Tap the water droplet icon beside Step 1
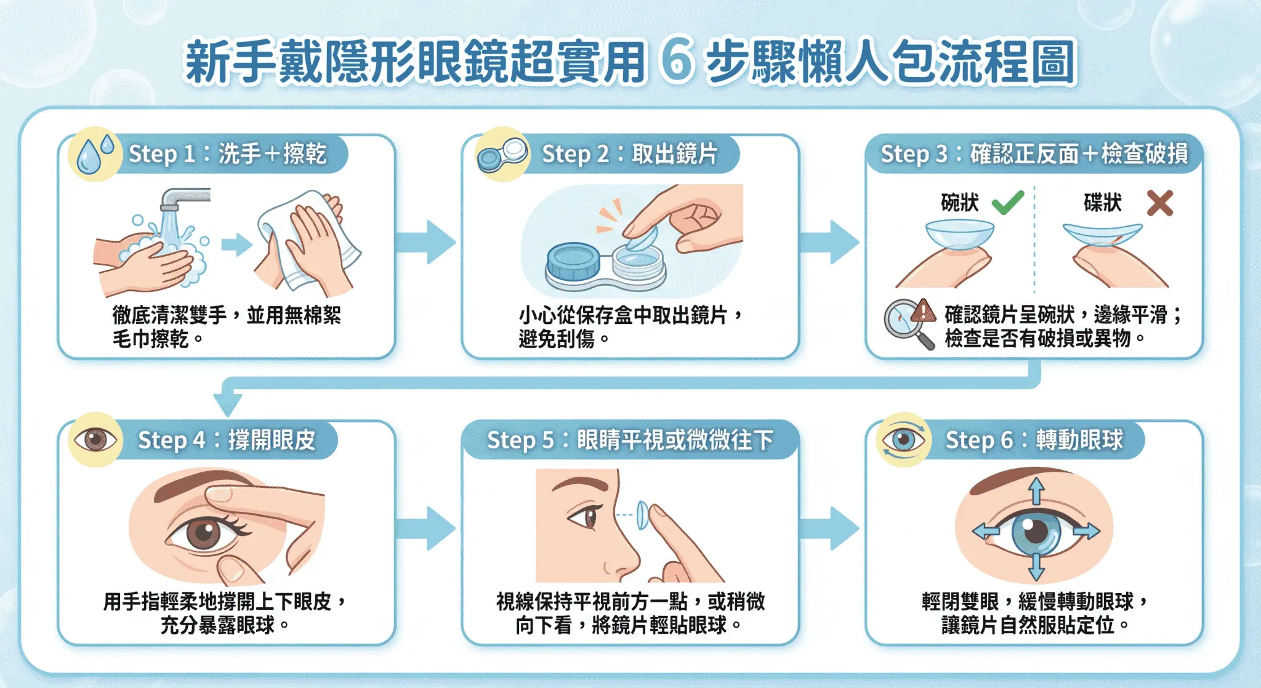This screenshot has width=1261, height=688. [91, 155]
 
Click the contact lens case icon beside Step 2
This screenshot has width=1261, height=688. [502, 155]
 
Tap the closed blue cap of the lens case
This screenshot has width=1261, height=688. [573, 261]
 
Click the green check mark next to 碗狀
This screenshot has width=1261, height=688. [1007, 203]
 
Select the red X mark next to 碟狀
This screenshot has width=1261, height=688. [1159, 203]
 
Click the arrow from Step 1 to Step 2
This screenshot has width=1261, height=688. [427, 242]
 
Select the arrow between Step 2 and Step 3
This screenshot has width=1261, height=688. [831, 242]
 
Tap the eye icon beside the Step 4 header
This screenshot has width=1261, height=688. [95, 440]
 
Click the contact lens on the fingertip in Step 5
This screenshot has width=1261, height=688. [642, 514]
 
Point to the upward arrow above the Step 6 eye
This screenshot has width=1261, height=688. [1036, 491]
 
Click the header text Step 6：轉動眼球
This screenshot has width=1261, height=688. [1034, 440]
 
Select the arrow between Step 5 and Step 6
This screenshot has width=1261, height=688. [831, 528]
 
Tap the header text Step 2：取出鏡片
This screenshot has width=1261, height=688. [629, 153]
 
